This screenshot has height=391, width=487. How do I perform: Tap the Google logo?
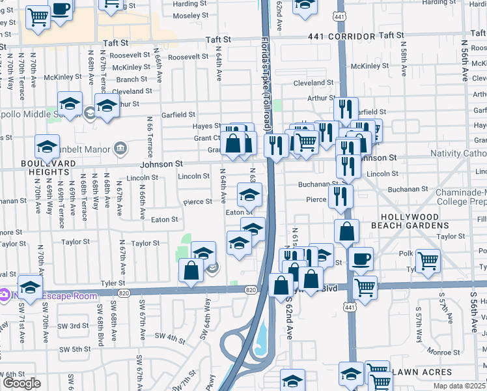21,383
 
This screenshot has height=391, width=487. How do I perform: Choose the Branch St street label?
132,80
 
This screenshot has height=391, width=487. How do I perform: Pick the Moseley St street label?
189,15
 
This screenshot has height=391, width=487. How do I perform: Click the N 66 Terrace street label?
150,136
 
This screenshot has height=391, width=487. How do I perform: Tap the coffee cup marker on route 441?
361,258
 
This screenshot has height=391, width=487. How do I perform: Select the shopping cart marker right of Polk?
428,261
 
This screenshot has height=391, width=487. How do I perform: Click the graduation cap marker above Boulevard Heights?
47,147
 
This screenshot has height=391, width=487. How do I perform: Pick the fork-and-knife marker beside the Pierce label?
341,195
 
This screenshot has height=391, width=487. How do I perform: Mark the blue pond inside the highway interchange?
262,339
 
